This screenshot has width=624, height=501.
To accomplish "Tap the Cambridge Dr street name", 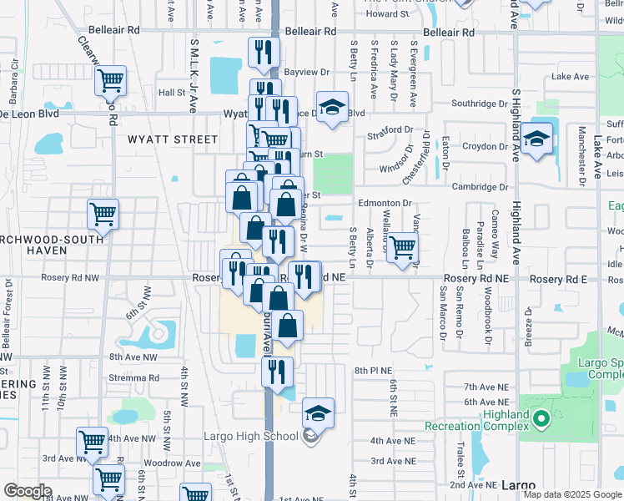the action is point(480,186).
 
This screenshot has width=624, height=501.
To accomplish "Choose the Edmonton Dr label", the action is point(385,203).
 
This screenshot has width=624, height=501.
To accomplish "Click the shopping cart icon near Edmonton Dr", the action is point(402,247).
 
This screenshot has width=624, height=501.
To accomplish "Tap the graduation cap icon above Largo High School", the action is point(316,412).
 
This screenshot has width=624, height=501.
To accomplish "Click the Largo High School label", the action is point(250,436).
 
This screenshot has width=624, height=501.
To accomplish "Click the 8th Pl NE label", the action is point(372,370).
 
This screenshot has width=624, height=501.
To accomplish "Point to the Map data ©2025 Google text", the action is point(572,494).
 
